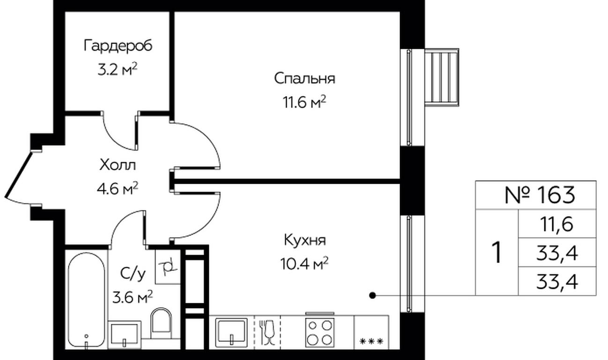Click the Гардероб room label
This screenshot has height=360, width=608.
(x=118, y=45)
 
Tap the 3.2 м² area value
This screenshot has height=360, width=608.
(x=118, y=69)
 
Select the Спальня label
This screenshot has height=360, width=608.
(x=304, y=79)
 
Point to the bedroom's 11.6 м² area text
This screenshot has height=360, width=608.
(x=304, y=103)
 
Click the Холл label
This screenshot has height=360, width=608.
(x=118, y=165)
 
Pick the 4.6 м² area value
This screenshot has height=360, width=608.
(x=118, y=188)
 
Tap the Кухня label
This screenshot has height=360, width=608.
(x=304, y=240)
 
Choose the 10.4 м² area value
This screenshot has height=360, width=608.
(x=304, y=263)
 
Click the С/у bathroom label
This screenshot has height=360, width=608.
(x=133, y=274)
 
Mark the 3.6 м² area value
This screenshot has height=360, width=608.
(x=133, y=298)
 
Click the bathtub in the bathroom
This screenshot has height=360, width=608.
(x=86, y=300)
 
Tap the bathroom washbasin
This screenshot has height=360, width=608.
(x=125, y=335)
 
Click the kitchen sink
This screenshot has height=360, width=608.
(x=231, y=332)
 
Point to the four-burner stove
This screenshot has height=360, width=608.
(x=320, y=332)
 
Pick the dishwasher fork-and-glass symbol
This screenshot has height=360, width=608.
(x=267, y=332)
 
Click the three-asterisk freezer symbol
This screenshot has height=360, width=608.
(x=371, y=341)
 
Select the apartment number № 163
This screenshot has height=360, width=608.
(x=540, y=195)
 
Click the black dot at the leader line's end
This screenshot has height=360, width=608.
(x=373, y=295)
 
